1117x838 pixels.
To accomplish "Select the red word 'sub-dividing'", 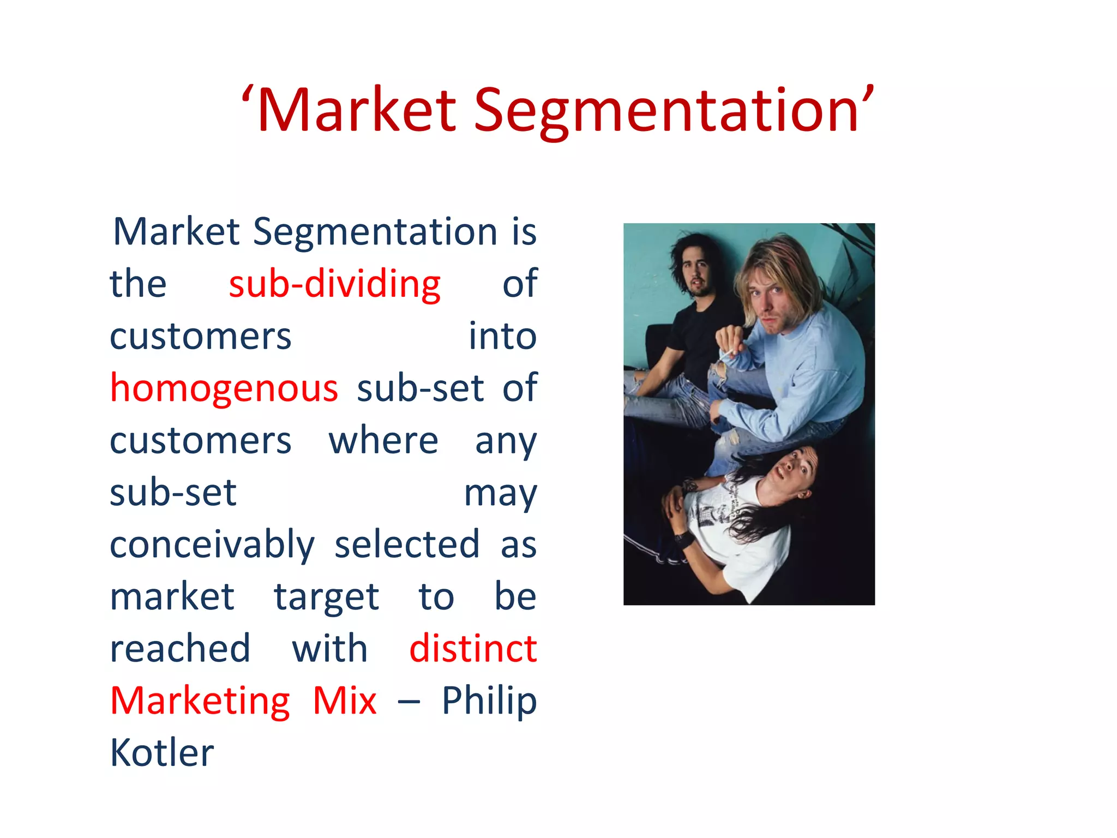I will point(334,284).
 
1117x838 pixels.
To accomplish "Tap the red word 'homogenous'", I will point(224,388).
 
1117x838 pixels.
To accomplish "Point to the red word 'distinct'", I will point(473,649).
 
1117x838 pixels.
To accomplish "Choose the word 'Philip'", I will point(489,702).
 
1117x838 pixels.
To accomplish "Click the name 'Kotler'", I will point(162,753).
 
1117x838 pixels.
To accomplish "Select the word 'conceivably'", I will point(212,546).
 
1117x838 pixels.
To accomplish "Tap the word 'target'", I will point(326,597).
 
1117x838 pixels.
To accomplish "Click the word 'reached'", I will point(180,649).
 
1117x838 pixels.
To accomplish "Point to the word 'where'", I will point(383,440).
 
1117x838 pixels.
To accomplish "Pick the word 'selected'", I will point(407,544).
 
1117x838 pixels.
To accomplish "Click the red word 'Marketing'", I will point(200,702).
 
